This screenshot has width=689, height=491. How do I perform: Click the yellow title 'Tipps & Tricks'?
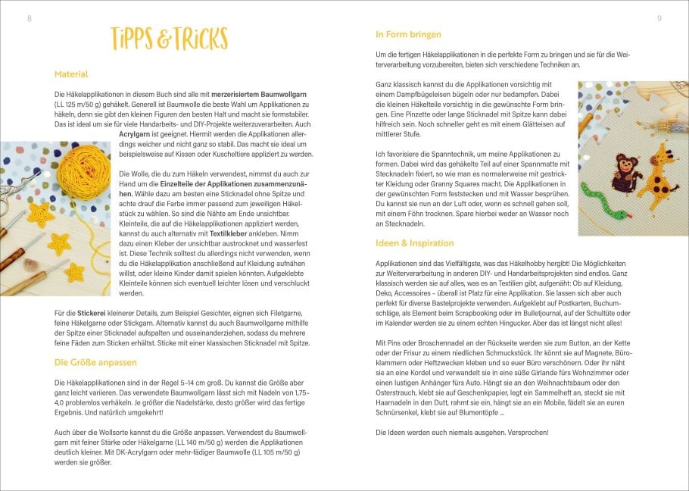[x=168, y=38]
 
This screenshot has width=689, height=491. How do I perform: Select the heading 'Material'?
[x=71, y=74]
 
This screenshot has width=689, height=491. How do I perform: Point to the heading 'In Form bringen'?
[x=409, y=34]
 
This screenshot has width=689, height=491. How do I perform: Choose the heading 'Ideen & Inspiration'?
[x=415, y=243]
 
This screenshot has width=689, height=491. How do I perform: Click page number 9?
[x=659, y=17]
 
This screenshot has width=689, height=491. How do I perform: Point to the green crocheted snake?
[x=602, y=204]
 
